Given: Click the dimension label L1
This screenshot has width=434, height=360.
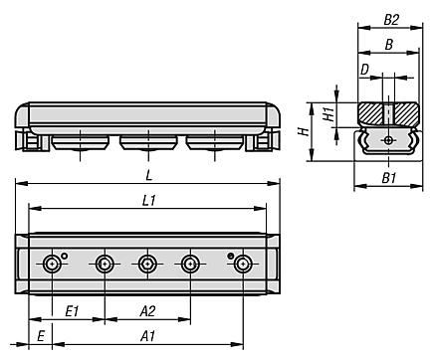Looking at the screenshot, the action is [x=149, y=201].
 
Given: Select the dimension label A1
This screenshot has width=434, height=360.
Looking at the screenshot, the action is [x=147, y=336].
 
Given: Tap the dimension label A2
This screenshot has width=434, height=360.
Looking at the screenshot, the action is [x=147, y=311].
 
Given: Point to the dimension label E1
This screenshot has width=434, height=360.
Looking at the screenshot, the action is [x=72, y=311].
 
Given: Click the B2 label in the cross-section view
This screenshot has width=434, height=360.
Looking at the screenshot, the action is [x=391, y=20].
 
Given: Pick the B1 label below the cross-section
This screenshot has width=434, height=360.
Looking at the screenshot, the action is [x=389, y=178].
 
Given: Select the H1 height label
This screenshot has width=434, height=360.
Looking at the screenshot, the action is [x=328, y=114].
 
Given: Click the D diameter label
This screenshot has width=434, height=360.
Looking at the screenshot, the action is [x=364, y=70].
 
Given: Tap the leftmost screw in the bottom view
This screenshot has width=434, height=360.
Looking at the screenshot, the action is [x=53, y=264].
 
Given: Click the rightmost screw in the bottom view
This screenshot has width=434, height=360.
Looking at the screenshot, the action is [x=243, y=264].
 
